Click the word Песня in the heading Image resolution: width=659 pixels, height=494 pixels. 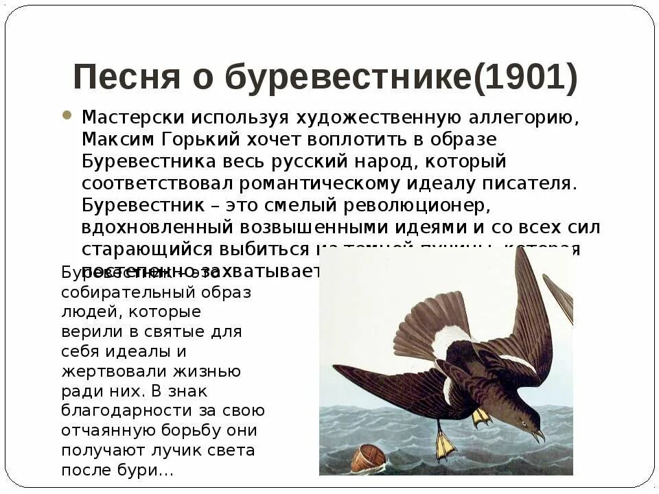126,78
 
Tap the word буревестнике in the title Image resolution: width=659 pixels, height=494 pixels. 349,78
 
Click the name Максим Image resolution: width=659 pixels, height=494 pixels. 118,139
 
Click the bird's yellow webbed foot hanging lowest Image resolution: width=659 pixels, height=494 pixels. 444,447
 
